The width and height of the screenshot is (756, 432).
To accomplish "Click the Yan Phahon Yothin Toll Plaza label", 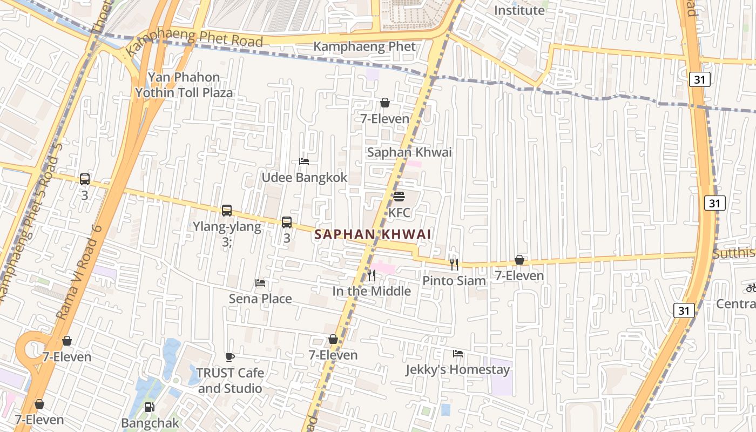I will coord(184,85).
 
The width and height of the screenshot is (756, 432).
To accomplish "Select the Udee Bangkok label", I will coord(305,178).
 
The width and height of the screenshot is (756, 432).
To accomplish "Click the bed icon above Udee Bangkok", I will coord(304,161).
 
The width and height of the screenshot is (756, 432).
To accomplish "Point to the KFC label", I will coord(399,213).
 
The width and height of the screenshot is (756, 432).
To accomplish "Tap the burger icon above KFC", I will coord(399,196).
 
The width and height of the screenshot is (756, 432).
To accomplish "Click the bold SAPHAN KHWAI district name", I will coord(373,234).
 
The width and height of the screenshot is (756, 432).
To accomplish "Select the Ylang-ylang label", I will coord(227,226).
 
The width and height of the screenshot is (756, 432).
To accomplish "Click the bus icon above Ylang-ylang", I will coord(227,211).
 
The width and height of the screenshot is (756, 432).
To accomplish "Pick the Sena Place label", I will coord(260,299).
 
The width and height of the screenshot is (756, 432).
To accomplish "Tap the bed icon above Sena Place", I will coord(260,283).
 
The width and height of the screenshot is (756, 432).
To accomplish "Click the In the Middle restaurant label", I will coord(372,292).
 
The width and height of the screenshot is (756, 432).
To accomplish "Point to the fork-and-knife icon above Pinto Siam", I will coord(454,264).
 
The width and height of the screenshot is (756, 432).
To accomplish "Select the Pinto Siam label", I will coord(454,281).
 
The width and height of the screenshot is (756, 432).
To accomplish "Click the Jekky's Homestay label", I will coord(458,370).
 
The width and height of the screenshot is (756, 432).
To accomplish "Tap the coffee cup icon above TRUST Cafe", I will coord(230,357).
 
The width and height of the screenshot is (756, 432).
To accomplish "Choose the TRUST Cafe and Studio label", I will coord(230,381).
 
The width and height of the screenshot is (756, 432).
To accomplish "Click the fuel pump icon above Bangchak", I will coord(150,407).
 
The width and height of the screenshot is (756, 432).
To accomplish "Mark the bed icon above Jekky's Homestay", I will coord(458,354).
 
